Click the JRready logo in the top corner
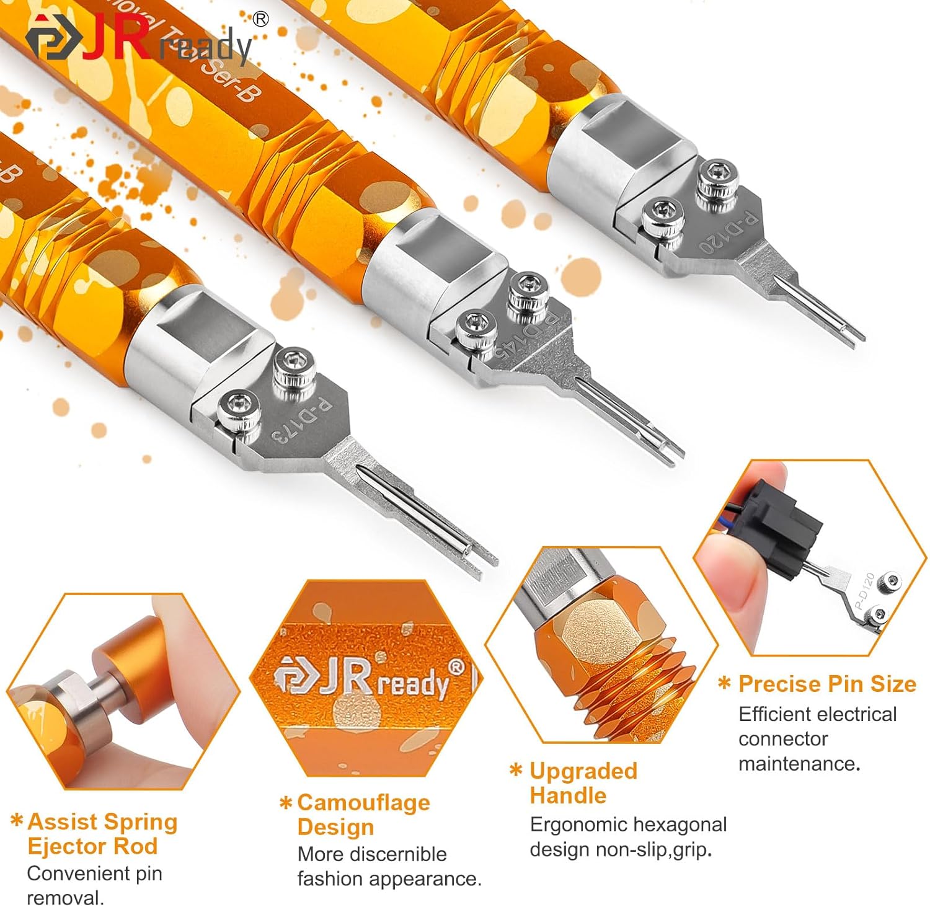click(139, 42)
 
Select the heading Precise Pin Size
click(826, 684)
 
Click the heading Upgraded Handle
click(583, 783)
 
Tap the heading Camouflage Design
click(363, 815)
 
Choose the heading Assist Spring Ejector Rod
click(102, 834)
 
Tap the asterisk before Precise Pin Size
click(724, 684)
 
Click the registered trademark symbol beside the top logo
click(261, 19)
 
